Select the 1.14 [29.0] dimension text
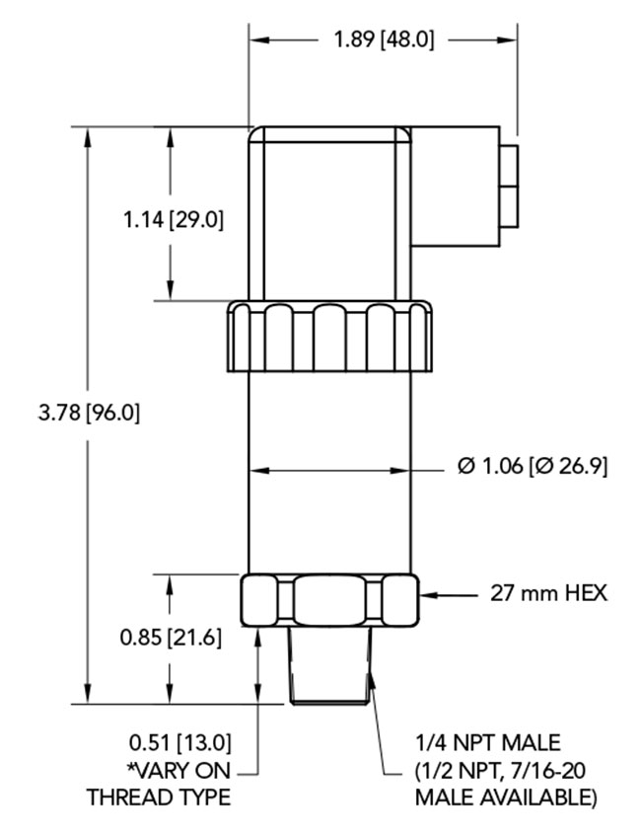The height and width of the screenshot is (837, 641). point(173,219)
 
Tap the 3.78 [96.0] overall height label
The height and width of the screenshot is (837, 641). point(89,414)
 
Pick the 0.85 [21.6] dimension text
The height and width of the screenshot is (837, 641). point(171,638)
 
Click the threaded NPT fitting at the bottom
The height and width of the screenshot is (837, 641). point(332,666)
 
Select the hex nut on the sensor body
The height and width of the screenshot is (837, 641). point(328,599)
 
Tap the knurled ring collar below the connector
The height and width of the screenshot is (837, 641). point(329,337)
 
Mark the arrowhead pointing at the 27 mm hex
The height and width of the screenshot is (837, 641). point(426,594)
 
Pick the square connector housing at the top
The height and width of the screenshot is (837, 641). point(329,212)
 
